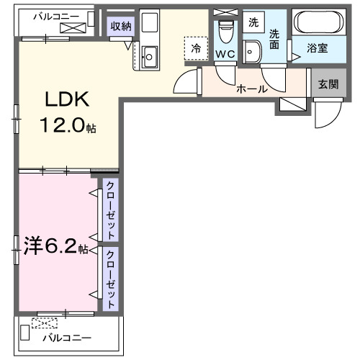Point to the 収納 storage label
coord(120,27)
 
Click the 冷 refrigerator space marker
coord(195,48)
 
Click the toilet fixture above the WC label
coord(225,31)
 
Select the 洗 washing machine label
coord(253,22)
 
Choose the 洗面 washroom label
coord(274,39)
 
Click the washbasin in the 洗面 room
coord(251,50)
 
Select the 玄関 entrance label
coord(328,83)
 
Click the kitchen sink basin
coord(150,55)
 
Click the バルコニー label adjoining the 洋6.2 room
coord(66,338)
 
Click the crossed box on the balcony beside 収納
coord(73,27)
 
